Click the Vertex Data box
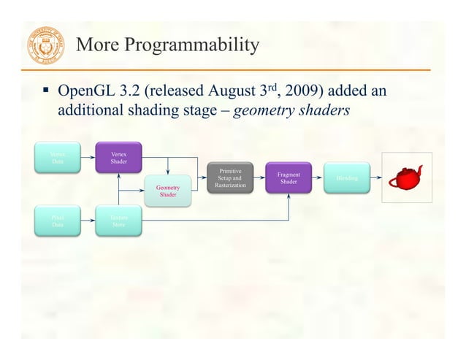coord(57,158)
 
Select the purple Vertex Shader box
coord(118,158)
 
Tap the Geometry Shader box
coord(167,191)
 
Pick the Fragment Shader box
coord(289,178)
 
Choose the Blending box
coord(346,178)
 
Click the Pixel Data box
coord(57,221)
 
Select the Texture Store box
coord(118,221)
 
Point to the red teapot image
coord(406,177)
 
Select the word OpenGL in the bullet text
coord(86,92)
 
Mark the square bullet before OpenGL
coord(45,93)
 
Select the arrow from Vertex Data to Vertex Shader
coord(87,158)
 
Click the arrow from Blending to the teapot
coord(378,178)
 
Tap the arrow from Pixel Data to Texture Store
coord(87,221)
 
